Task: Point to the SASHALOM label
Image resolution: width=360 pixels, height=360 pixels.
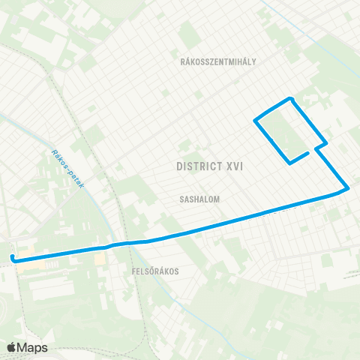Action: (x=199, y=200)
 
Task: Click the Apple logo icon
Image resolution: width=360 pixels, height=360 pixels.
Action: (x=11, y=347)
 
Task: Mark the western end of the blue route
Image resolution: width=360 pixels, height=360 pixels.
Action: (x=13, y=258)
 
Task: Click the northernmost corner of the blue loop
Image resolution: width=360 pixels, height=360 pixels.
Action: (x=290, y=98)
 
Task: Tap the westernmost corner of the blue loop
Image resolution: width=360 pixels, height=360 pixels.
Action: (x=256, y=120)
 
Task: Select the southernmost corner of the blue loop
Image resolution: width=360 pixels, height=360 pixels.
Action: (x=290, y=162)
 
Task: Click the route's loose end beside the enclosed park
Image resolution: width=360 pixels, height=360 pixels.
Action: (x=308, y=152)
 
